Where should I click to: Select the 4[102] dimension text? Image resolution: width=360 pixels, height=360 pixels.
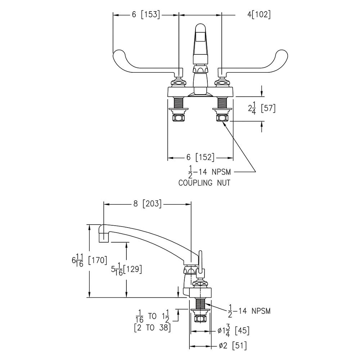click(x=259, y=15)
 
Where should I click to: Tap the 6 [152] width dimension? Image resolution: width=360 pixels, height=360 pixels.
click(x=201, y=158)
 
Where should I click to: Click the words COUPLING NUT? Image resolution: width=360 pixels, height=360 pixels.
click(x=204, y=183)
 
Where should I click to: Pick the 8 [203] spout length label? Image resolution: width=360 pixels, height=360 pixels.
click(x=147, y=204)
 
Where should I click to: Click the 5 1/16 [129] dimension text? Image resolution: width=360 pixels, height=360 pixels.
click(x=126, y=269)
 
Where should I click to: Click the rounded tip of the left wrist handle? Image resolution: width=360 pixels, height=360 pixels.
click(x=117, y=55)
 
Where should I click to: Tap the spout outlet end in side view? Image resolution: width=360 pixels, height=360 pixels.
click(x=104, y=237)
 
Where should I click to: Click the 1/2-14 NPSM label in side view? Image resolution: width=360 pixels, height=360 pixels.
click(x=249, y=311)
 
